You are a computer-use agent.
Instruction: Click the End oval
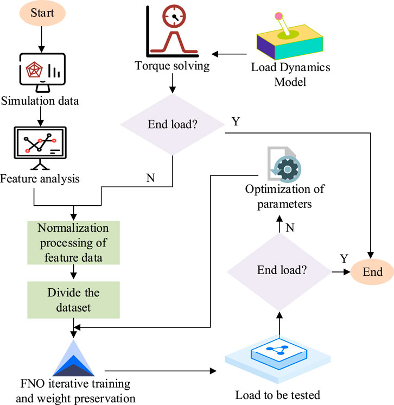(x=373, y=271)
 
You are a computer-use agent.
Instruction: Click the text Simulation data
(x=42, y=100)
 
